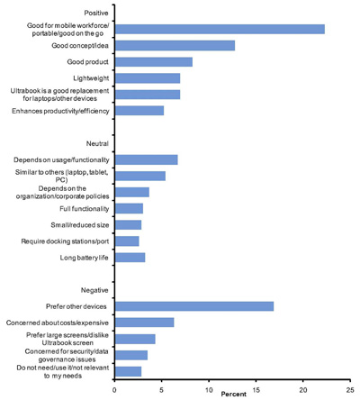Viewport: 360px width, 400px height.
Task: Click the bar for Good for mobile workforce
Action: (220, 29)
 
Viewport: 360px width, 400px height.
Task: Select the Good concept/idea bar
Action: (175, 45)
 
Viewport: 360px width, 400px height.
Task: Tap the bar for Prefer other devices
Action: (194, 306)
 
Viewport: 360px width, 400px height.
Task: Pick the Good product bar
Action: (154, 62)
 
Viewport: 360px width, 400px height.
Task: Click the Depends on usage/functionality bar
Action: (147, 159)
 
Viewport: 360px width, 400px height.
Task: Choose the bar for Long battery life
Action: (130, 258)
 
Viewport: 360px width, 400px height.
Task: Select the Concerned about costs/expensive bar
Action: (145, 323)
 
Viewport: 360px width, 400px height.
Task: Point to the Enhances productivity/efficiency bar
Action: (139, 111)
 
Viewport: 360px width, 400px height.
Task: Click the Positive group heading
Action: (96, 13)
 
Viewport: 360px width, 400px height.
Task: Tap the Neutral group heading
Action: (97, 143)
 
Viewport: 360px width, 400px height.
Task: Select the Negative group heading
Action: (94, 290)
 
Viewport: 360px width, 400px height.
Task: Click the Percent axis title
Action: (234, 394)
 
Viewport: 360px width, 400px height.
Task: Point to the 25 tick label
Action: (350, 390)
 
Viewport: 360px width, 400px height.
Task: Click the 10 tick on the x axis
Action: (209, 390)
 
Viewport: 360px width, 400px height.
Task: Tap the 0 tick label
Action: (114, 390)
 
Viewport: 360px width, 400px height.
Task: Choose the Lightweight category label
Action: (91, 78)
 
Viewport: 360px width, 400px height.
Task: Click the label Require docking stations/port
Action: (65, 241)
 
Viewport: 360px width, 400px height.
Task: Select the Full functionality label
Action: (84, 209)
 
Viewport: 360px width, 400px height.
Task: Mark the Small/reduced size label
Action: (80, 225)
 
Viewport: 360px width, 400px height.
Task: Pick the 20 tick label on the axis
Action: (303, 390)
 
